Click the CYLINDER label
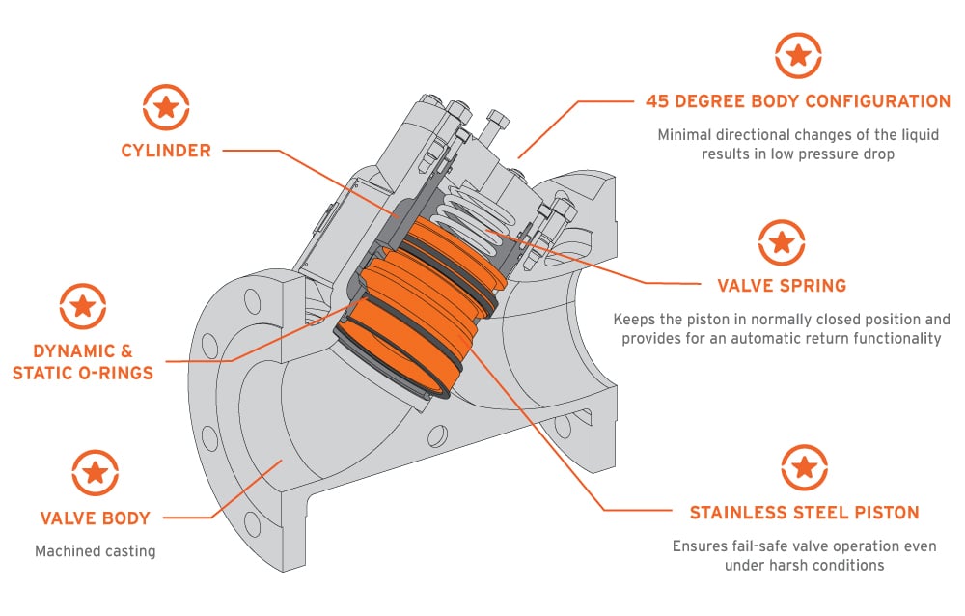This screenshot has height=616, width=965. [165, 151]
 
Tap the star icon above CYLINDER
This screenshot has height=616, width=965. [166, 108]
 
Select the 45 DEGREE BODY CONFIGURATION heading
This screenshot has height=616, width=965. [798, 101]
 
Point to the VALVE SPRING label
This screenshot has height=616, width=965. [782, 286]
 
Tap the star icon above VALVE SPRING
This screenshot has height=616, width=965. [782, 242]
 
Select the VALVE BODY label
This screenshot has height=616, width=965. [95, 518]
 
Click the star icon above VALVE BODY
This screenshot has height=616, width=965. [95, 473]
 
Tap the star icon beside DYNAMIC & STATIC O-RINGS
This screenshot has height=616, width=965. [83, 307]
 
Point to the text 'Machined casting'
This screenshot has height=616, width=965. [95, 551]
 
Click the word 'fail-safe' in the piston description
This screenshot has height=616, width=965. [741, 546]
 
